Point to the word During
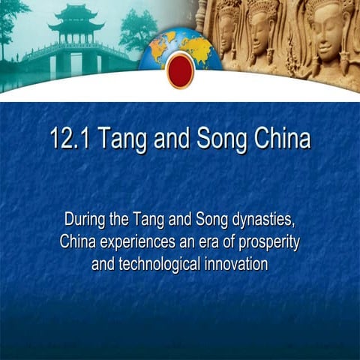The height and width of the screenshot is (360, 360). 85,221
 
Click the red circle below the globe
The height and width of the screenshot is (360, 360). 180,70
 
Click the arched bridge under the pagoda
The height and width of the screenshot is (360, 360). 74,54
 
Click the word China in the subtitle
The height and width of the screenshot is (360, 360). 77,243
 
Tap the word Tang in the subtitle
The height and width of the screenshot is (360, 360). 148,221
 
